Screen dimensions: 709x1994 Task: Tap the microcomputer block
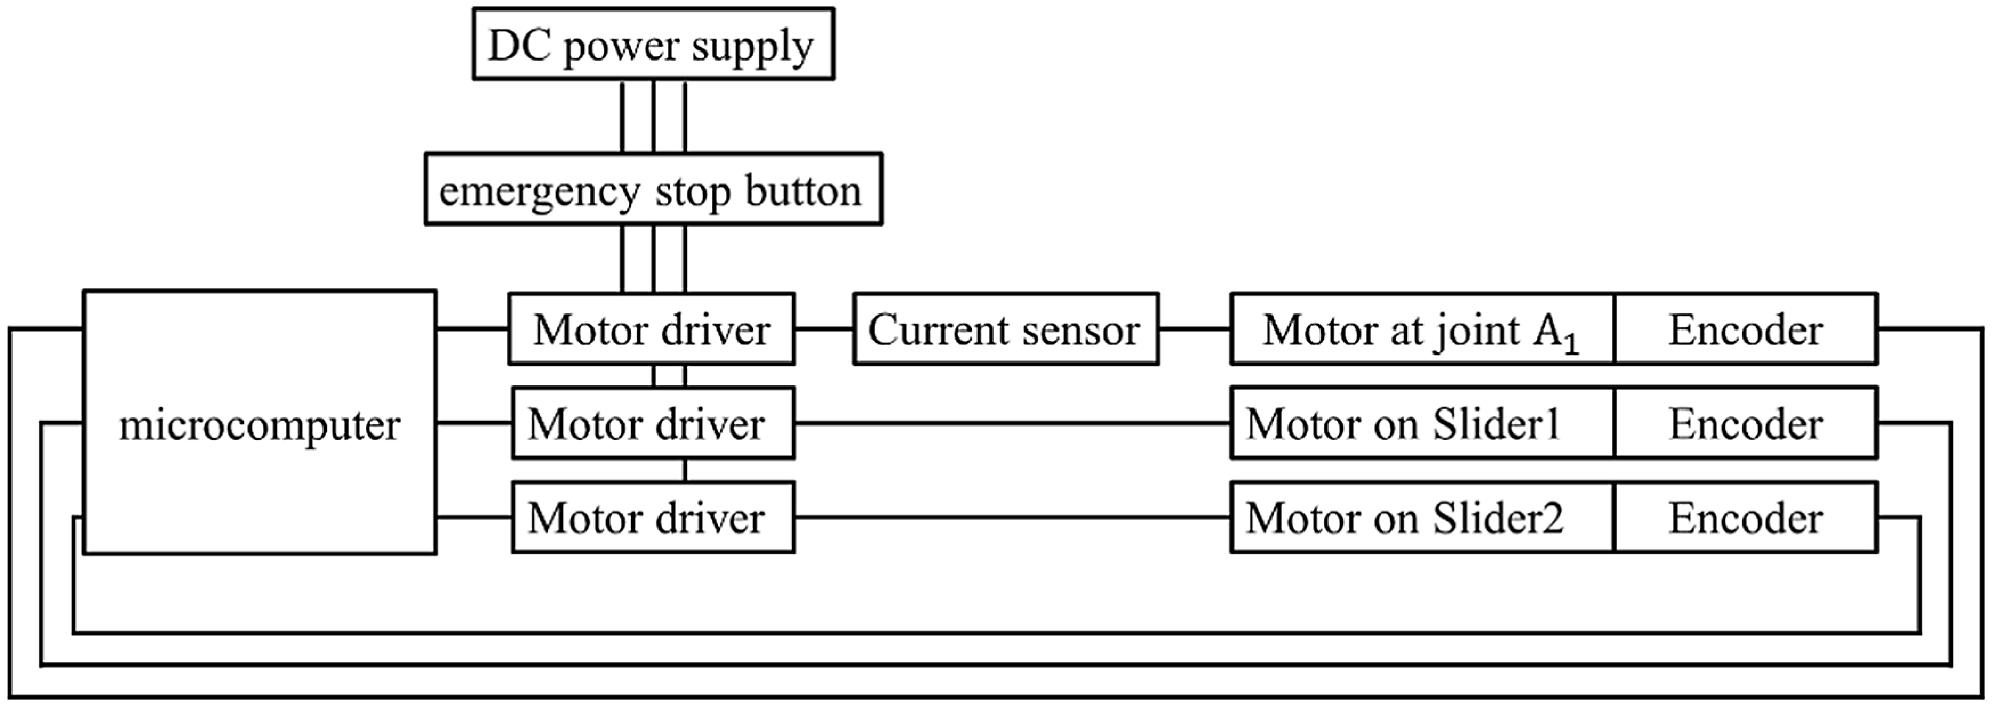(259, 423)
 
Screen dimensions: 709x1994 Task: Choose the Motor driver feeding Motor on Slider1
(652, 423)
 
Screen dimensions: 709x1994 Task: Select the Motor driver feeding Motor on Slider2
(652, 517)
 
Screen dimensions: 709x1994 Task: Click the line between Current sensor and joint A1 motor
(1194, 329)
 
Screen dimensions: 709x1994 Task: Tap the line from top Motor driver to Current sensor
(824, 329)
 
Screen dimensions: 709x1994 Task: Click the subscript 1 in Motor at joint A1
(1571, 342)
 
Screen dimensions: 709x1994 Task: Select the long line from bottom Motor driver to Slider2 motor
(1012, 517)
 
